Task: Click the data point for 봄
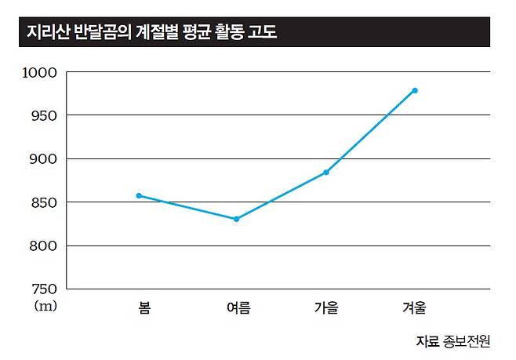139,195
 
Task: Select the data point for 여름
236,219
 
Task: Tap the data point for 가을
326,173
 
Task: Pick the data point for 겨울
415,90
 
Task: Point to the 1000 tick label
39,72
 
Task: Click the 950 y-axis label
42,115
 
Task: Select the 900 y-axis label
42,158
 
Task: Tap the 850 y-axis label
42,202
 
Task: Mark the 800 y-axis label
42,245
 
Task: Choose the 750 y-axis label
42,289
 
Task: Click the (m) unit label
45,306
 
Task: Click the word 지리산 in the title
45,33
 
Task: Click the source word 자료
429,341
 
